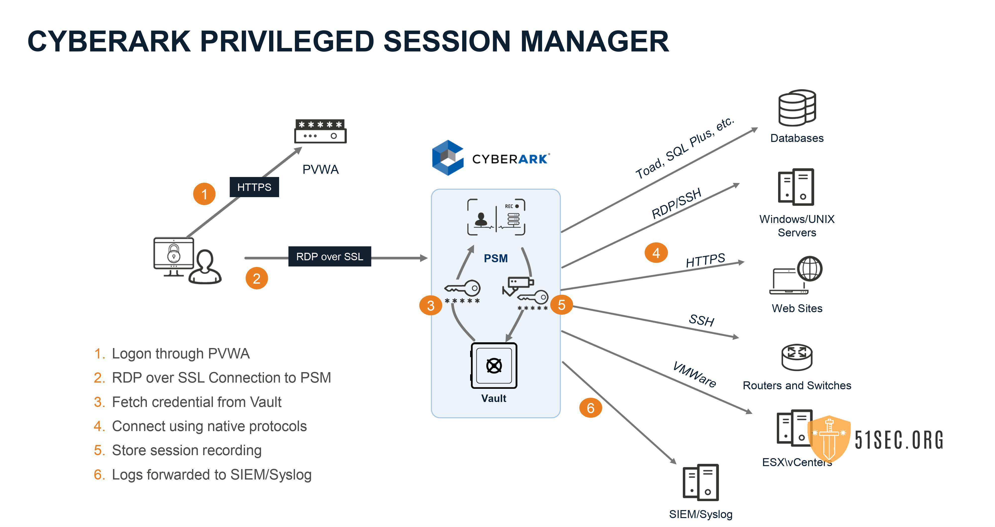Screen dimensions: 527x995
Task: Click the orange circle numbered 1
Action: [x=204, y=194]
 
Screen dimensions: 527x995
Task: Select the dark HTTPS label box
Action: [x=254, y=187]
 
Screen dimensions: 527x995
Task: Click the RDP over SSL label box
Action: [x=330, y=256]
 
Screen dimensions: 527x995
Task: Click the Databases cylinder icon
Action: [x=797, y=108]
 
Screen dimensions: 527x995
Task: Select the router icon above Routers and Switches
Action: [x=796, y=357]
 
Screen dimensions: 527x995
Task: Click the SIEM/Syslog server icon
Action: [x=701, y=482]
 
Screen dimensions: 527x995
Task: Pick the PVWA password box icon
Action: [x=320, y=131]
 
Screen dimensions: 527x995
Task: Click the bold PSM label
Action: [x=496, y=258]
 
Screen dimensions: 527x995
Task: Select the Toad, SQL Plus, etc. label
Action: [x=685, y=148]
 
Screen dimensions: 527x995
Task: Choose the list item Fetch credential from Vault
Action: [x=196, y=402]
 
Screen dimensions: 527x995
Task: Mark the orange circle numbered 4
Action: [x=656, y=253]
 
